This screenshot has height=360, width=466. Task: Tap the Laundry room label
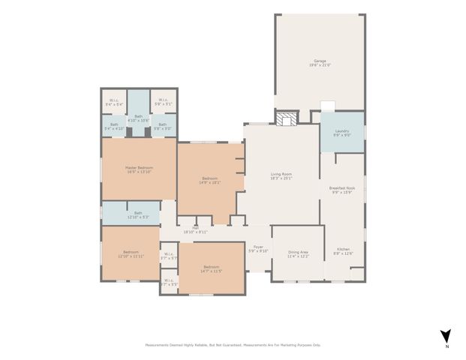[x=342, y=133]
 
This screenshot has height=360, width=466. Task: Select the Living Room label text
[x=281, y=176]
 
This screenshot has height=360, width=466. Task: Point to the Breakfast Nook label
[x=342, y=190]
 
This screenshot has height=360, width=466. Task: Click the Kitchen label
[x=343, y=250]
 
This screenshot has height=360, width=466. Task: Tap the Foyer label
[x=259, y=249]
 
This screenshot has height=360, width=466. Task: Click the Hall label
[x=194, y=230]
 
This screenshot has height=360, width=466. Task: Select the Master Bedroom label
[x=139, y=169]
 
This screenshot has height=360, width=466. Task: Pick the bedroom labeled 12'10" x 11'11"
[x=131, y=254]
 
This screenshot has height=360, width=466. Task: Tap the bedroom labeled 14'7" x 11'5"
[x=211, y=269]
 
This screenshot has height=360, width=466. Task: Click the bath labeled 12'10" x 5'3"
[x=138, y=214]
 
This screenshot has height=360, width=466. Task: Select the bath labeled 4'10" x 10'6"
[x=138, y=118]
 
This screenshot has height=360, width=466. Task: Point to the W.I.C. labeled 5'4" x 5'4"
[x=114, y=103]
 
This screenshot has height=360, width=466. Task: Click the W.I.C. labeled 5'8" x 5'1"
[x=163, y=103]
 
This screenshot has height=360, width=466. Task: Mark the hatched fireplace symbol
[x=284, y=118]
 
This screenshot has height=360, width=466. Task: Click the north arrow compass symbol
[x=444, y=337]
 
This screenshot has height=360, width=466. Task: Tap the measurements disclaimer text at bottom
[x=233, y=345]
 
